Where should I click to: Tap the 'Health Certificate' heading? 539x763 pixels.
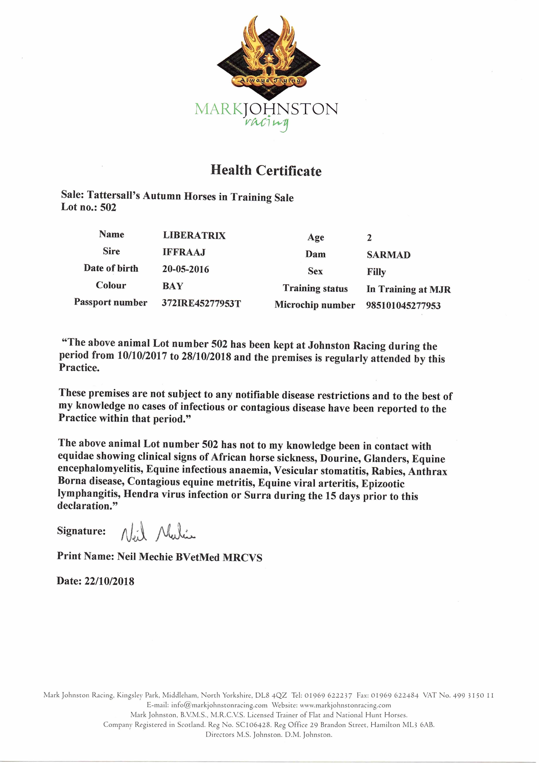[266, 170]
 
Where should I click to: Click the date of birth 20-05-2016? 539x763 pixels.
[186, 269]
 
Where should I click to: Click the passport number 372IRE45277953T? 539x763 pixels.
[201, 303]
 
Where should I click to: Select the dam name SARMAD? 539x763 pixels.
[389, 255]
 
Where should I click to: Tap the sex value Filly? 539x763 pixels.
[376, 272]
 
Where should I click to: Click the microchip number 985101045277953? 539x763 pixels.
[403, 305]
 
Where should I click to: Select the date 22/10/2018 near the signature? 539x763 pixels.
[110, 581]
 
